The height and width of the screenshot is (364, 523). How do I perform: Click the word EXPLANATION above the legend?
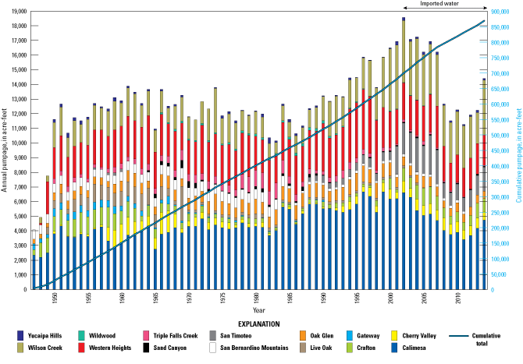point(261,320)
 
